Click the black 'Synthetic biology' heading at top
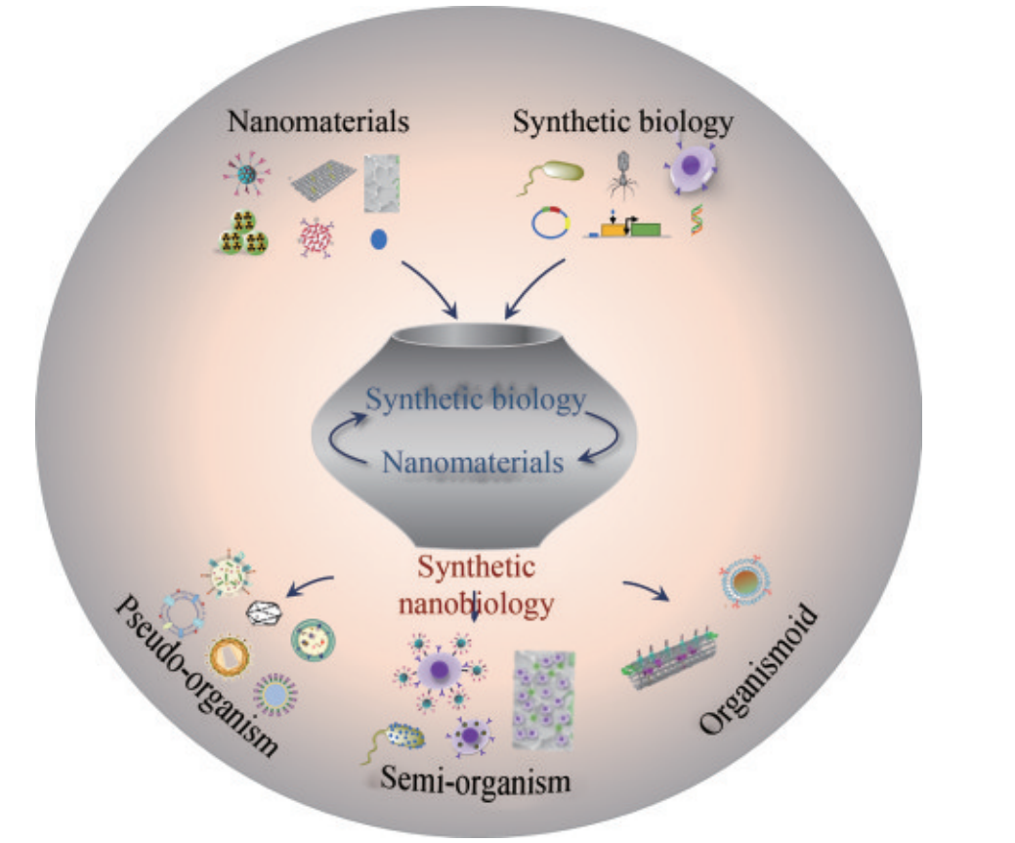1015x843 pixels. (x=622, y=123)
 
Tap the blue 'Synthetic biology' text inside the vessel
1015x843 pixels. (x=476, y=400)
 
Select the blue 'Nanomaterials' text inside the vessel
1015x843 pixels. (x=473, y=460)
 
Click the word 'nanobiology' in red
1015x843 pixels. (x=476, y=604)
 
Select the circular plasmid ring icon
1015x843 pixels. (x=550, y=225)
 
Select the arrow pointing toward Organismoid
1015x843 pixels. (x=646, y=590)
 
